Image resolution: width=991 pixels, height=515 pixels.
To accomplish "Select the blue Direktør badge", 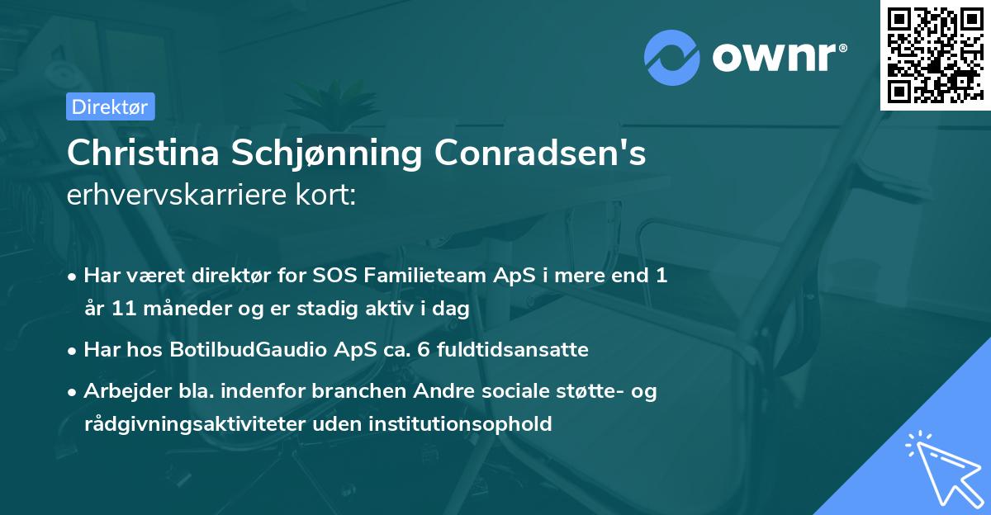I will pyautogui.click(x=110, y=106).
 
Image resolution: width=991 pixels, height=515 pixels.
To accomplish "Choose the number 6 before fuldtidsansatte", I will pyautogui.click(x=423, y=350).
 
